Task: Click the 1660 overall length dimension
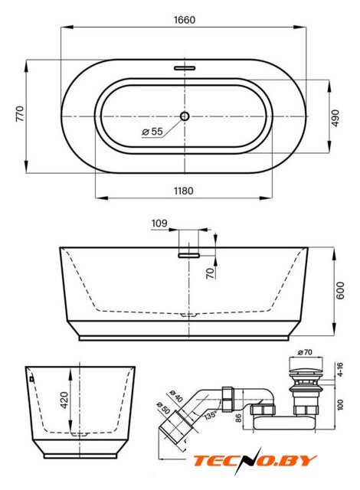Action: point(185,20)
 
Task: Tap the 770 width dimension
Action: point(20,114)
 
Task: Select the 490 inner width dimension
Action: point(335,118)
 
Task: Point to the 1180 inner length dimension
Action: point(183,191)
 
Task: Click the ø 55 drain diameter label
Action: point(152,132)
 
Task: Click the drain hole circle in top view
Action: point(185,116)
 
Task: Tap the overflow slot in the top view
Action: point(185,68)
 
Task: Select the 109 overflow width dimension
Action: point(159,223)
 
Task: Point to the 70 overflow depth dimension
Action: point(211,273)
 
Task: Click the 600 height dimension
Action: point(340,290)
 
